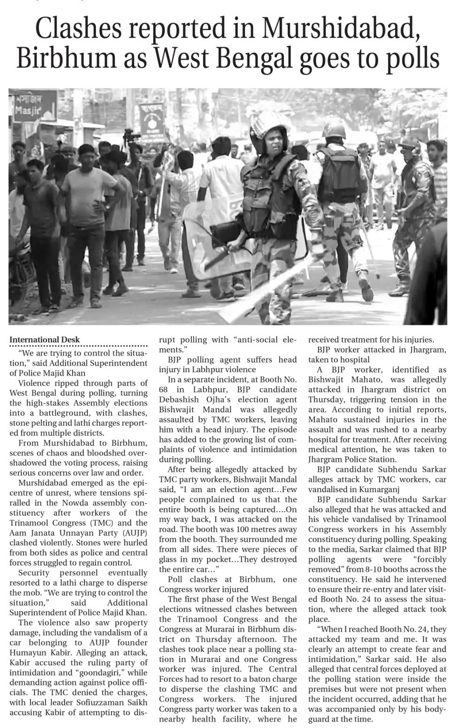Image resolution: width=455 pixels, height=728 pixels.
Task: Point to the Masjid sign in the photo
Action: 27,112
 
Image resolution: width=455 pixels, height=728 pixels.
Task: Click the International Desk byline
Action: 45,339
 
